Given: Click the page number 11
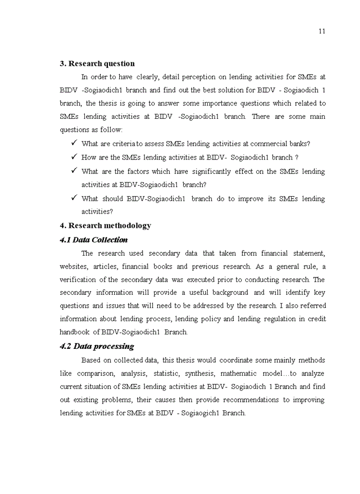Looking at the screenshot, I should [321, 31].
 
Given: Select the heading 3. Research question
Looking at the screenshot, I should [97, 64].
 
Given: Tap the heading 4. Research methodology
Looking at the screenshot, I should [105, 226].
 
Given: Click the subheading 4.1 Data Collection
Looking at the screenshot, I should [94, 240].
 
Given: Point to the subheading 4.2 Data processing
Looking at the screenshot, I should [97, 346].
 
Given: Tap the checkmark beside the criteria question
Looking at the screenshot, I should [74, 144].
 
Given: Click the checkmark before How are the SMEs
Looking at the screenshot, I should [74, 157].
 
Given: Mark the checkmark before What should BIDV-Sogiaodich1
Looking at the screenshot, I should [74, 198].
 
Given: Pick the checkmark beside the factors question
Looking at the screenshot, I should [74, 171].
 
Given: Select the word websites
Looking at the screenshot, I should [74, 267].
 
